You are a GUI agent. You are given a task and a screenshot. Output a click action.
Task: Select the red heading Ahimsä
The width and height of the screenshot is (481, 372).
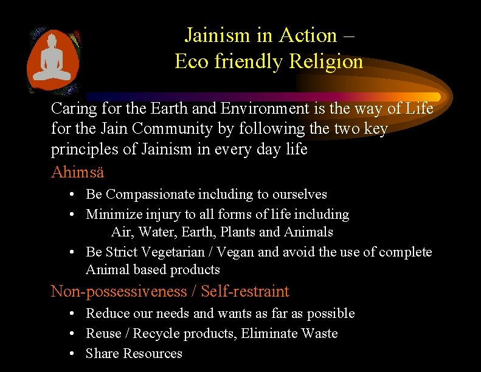point(77,172)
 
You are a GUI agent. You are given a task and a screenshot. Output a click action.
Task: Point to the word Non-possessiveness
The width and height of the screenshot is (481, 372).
point(119,291)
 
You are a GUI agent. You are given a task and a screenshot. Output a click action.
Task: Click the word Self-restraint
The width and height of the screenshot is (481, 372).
point(245,291)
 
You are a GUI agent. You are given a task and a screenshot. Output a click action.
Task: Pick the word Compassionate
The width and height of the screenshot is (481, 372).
point(151,195)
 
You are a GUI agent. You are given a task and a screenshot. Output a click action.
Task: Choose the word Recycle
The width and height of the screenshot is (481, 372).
point(156,333)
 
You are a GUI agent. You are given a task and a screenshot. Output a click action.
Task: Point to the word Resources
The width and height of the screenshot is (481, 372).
point(152,353)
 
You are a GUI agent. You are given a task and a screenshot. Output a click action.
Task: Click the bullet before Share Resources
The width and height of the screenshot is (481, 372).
point(72,353)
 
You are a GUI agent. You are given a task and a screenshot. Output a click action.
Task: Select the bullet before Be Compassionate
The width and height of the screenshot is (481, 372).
point(72,195)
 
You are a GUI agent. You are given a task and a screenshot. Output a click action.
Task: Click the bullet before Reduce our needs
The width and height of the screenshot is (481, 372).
point(72,313)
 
